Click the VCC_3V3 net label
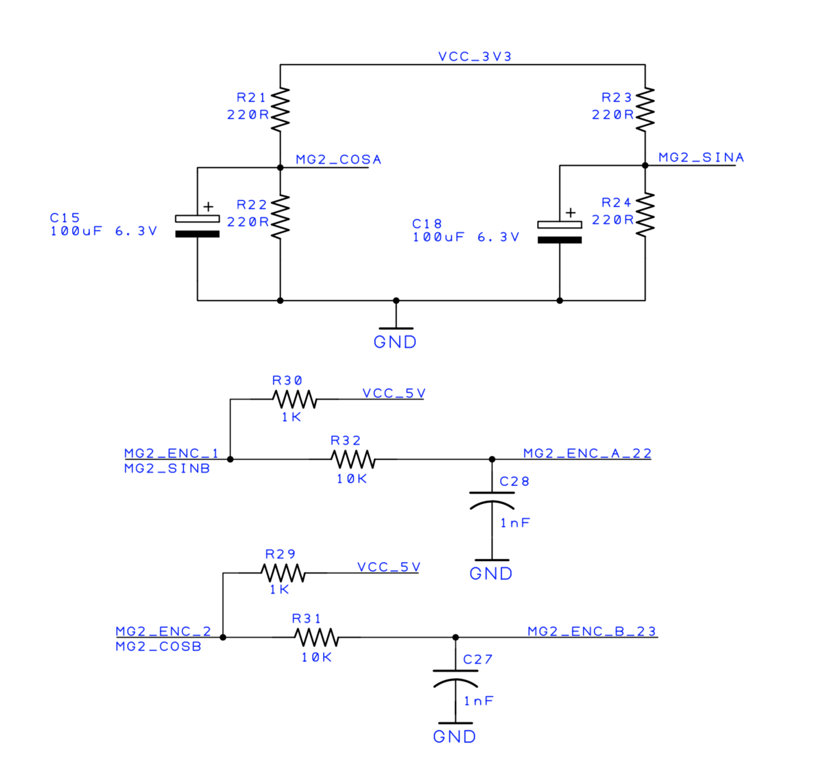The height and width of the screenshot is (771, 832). pos(475,57)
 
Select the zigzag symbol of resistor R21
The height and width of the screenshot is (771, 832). pos(280,109)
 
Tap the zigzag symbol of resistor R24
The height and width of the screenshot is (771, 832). pos(645,214)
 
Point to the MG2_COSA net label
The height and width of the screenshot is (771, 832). pos(338,159)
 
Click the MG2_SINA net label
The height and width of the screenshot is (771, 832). pos(701,157)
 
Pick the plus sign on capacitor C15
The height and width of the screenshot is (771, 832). pos(208,206)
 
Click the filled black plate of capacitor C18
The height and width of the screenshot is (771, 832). pos(560,240)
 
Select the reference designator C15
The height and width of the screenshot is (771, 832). pos(64,218)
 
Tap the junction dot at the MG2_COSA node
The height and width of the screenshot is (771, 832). pos(280,168)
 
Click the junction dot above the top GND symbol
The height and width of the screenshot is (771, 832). pos(396,301)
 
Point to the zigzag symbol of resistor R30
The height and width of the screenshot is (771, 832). pos(294,399)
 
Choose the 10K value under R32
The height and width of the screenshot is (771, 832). pos(352,478)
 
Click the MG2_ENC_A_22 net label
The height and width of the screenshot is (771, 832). pos(587,453)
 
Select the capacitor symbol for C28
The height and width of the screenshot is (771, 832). pos(492,501)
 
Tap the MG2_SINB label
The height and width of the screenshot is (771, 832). pos(167,468)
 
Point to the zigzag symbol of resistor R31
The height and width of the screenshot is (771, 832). pos(317,637)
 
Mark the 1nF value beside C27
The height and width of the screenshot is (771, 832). pos(479,701)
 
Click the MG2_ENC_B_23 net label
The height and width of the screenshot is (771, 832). pos(592,631)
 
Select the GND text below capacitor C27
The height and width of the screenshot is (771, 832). pos(455,737)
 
